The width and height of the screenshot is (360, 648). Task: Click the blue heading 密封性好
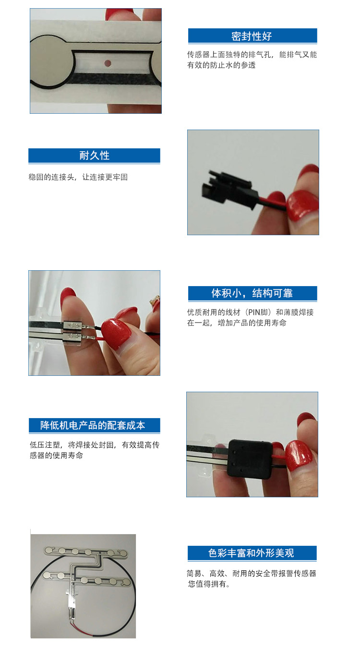252,36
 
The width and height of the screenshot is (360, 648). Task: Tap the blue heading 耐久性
95,156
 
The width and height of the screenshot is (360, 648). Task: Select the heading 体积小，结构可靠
252,293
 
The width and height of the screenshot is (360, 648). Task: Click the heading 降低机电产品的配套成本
93,425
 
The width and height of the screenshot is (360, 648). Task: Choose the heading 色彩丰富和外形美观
251,553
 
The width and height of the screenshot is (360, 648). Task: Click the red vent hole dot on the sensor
108,63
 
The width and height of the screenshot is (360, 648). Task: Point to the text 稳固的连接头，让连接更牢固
78,177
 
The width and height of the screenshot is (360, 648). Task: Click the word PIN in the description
254,312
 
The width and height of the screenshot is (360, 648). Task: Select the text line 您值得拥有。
209,584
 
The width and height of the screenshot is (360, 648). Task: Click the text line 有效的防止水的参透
221,65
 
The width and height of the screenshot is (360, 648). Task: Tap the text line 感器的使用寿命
57,456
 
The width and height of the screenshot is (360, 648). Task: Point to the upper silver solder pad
72,326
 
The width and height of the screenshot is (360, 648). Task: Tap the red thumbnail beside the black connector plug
303,205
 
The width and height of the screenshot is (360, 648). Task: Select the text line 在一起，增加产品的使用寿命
237,323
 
